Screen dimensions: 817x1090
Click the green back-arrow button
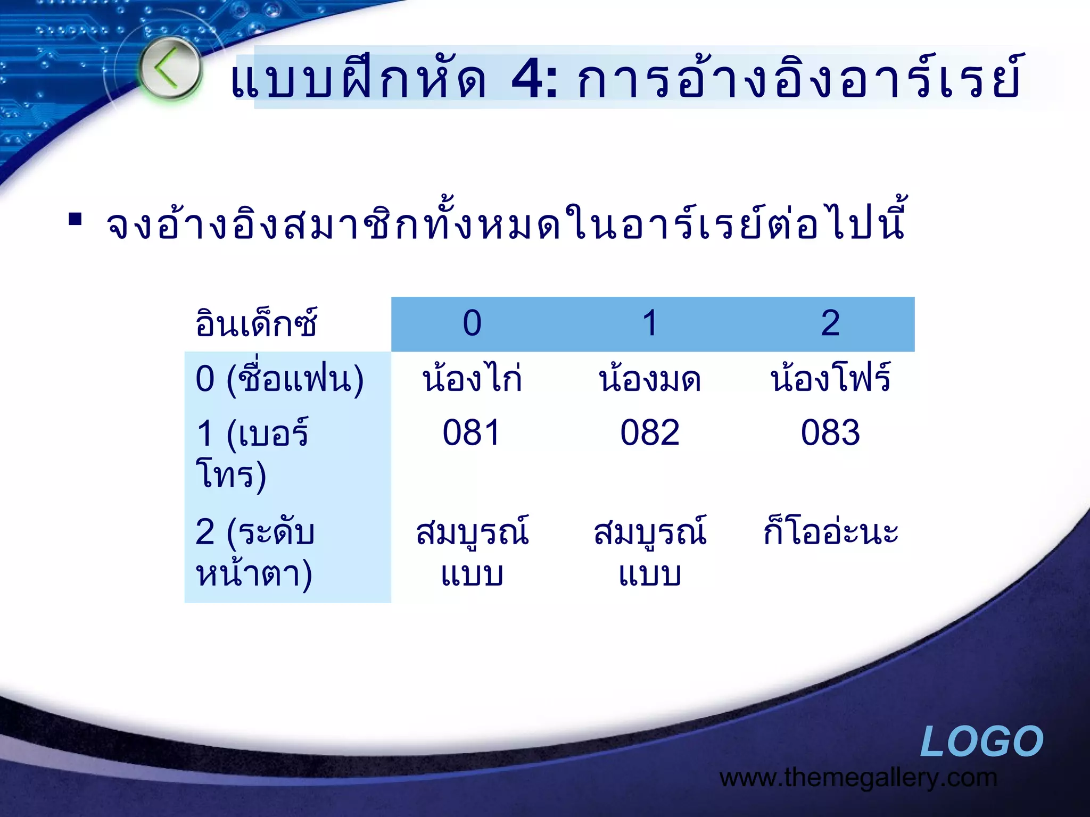[170, 69]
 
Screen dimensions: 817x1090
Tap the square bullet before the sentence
[75, 219]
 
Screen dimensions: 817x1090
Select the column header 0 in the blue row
[472, 323]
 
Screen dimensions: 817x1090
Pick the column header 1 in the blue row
[650, 323]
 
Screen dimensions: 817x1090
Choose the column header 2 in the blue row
[830, 323]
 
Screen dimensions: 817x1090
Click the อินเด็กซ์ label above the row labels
[256, 323]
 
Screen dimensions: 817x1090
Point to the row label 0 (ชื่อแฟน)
[279, 379]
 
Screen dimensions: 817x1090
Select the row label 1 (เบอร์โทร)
[252, 453]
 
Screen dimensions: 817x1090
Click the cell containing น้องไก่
[472, 379]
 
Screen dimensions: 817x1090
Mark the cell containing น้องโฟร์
[830, 379]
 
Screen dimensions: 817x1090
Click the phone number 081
[472, 432]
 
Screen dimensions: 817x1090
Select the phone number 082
[650, 432]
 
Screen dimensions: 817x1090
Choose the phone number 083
[830, 432]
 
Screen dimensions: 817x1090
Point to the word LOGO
[981, 741]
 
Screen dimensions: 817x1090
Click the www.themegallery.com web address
[858, 778]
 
